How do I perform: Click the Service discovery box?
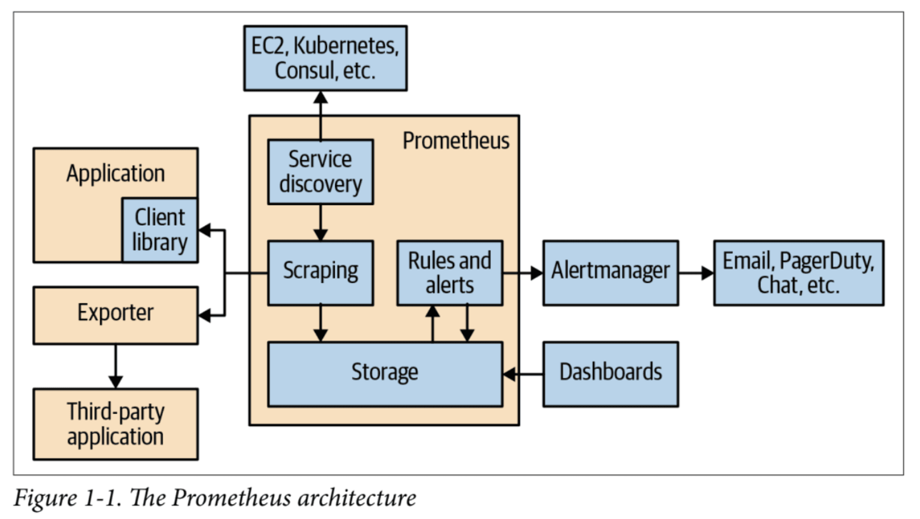[320, 172]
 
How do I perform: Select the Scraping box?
[320, 272]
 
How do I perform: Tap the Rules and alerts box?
[450, 272]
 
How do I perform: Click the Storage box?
[385, 374]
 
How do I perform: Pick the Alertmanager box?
[610, 272]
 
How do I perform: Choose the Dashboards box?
[610, 374]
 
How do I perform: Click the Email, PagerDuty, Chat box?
[798, 272]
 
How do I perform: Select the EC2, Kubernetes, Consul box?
[325, 58]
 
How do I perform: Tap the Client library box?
[160, 230]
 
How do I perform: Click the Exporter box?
[115, 315]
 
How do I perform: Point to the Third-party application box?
[115, 424]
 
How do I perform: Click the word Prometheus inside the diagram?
[456, 141]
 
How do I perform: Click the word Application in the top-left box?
[115, 174]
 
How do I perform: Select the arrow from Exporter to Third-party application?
[116, 367]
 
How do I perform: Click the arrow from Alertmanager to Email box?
[696, 273]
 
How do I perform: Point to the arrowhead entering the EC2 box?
[320, 97]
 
